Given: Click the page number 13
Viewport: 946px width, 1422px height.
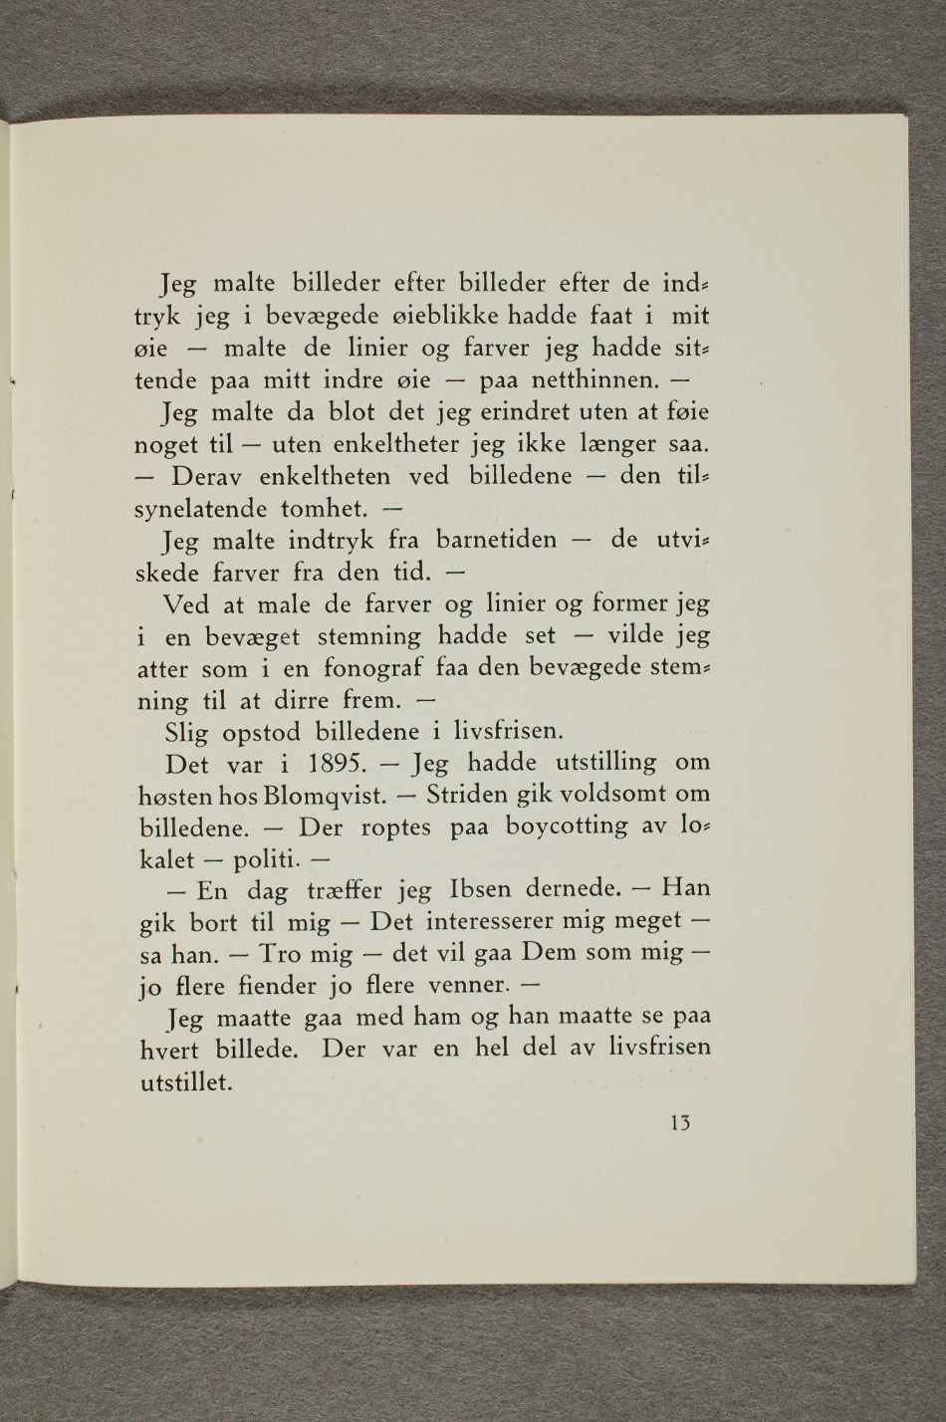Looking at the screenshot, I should point(681,1123).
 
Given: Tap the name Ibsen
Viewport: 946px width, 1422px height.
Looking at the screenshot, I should point(483,888).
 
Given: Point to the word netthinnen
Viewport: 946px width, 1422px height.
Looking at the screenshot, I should point(592,380).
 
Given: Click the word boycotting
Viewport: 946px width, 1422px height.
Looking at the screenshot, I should point(567,828).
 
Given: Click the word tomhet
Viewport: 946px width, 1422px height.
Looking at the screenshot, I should point(325,509).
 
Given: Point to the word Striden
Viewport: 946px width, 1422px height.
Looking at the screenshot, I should point(471,796).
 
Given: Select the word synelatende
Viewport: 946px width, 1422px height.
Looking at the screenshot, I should point(202,510).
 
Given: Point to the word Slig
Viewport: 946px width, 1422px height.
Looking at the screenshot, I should point(187,733).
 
